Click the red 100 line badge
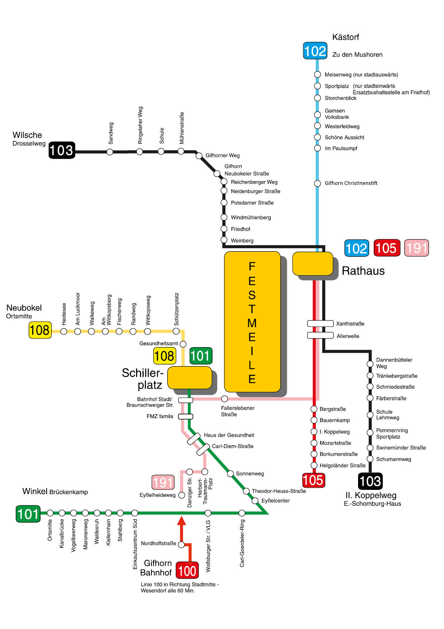pyautogui.click(x=187, y=570)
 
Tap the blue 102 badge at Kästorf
pyautogui.click(x=315, y=51)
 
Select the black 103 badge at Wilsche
pyautogui.click(x=62, y=150)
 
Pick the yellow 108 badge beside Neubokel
pyautogui.click(x=40, y=330)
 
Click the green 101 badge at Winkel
pyautogui.click(x=28, y=514)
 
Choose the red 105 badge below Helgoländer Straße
pyautogui.click(x=313, y=480)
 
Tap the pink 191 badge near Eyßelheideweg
pyautogui.click(x=163, y=482)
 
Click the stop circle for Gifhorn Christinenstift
pyautogui.click(x=317, y=184)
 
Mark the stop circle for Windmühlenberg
pyautogui.click(x=224, y=217)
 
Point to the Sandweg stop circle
pyautogui.click(x=110, y=152)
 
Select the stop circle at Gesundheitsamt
pyautogui.click(x=183, y=344)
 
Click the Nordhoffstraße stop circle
pyautogui.click(x=181, y=545)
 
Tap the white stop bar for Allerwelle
pyautogui.click(x=320, y=336)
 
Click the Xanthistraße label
pyautogui.click(x=350, y=324)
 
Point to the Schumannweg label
pyautogui.click(x=394, y=459)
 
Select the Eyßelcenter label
pyautogui.click(x=276, y=501)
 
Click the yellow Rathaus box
pyautogui.click(x=313, y=264)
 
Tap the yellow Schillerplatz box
pyautogui.click(x=190, y=378)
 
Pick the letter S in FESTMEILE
pyautogui.click(x=252, y=295)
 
